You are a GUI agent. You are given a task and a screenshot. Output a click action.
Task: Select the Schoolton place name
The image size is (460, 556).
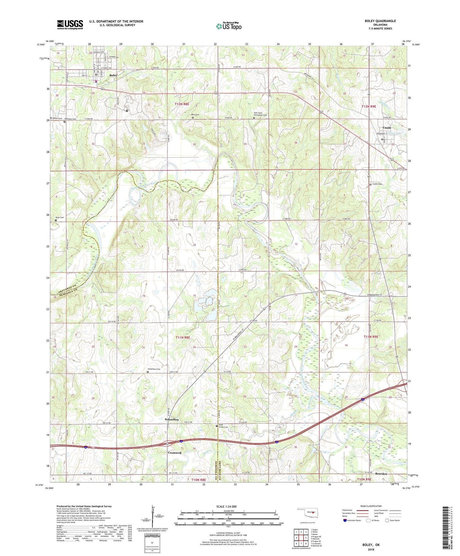(172, 419)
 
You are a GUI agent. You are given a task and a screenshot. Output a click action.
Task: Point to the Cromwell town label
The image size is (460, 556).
(174, 453)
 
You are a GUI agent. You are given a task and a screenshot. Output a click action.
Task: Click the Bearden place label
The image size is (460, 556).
(381, 474)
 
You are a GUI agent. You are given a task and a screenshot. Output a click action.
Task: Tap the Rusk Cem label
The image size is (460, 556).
(60, 217)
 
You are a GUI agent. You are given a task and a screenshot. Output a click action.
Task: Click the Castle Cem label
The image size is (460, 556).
(378, 184)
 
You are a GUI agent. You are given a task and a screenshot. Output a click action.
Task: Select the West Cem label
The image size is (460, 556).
(195, 115)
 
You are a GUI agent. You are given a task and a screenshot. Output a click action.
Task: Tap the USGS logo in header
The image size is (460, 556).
(70, 25)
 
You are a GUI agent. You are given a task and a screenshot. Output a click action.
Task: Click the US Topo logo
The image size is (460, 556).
(229, 26)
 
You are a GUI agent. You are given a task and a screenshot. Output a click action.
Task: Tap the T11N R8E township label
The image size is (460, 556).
(183, 337)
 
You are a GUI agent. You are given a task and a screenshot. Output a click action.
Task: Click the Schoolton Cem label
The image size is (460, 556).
(154, 369)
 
